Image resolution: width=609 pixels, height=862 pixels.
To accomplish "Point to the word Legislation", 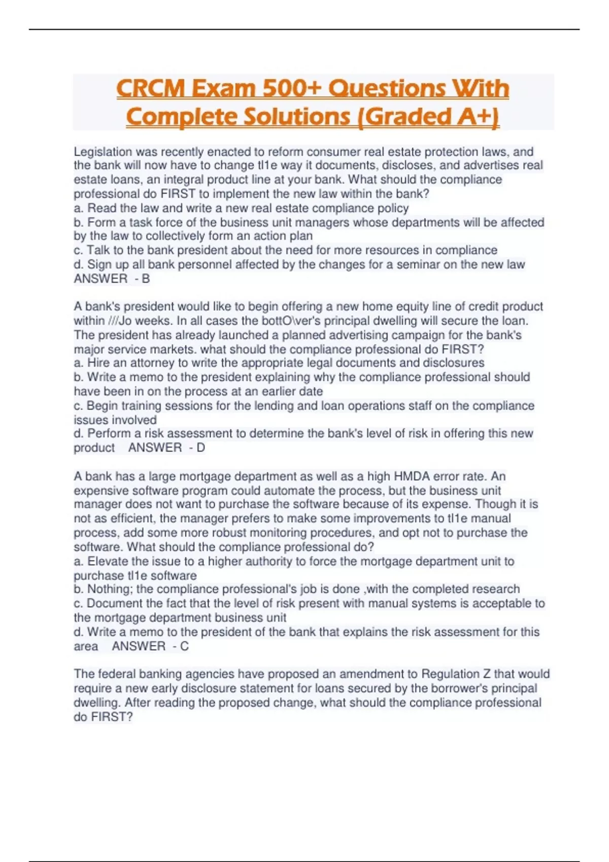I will (x=103, y=152).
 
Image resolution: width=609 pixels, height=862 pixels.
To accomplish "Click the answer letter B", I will (x=146, y=278).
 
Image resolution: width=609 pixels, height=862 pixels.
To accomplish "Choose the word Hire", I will (x=98, y=363).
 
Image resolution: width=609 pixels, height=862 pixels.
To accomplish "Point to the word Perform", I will (x=107, y=434).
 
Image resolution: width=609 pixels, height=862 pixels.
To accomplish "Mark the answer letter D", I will (x=200, y=448).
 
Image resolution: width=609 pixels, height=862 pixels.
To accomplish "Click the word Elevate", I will (x=108, y=561).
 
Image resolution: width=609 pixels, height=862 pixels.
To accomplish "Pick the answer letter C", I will (x=184, y=646).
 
